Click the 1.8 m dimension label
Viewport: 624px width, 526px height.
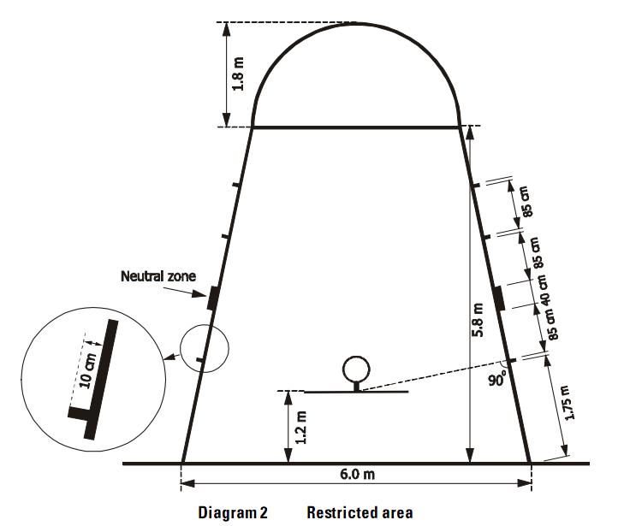238,74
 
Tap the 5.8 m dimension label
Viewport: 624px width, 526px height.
478,320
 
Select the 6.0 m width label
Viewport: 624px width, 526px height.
357,475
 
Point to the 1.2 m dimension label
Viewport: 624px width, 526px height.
301,428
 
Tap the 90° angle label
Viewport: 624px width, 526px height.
497,379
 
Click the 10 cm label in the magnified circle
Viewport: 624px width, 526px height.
88,370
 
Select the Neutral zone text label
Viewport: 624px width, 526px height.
158,276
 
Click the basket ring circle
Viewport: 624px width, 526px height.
356,357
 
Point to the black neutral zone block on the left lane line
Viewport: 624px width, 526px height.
212,298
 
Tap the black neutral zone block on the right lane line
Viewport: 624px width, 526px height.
498,298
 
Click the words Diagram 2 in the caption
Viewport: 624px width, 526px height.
233,512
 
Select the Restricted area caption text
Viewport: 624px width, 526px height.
360,512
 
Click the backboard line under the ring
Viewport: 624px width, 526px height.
356,392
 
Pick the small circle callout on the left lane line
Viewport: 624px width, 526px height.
205,325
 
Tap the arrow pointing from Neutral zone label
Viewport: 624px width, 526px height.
185,292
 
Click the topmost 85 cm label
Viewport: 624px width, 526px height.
526,201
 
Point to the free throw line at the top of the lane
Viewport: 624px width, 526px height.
356,127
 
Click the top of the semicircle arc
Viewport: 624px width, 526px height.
356,24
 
